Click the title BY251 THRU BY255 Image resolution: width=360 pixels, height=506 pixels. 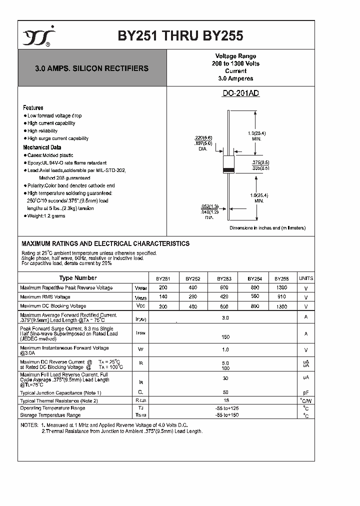[x=180, y=35]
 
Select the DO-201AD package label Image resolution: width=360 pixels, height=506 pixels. [x=240, y=93]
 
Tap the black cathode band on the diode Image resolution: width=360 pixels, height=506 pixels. [x=228, y=170]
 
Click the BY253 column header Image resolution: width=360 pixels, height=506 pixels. [x=224, y=279]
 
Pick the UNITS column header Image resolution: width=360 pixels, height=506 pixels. [x=305, y=278]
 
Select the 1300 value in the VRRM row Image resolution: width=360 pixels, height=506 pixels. [x=281, y=288]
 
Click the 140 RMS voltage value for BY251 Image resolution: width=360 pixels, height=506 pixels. [x=163, y=297]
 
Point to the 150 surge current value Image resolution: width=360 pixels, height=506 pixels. [x=225, y=337]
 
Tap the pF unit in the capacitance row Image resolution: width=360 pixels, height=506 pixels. [x=305, y=393]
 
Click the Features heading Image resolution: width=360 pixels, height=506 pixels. [x=33, y=108]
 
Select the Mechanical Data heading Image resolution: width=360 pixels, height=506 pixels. [x=42, y=147]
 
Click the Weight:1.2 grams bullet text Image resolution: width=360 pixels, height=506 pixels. [x=46, y=216]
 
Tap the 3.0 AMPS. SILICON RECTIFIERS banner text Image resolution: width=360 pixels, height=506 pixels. [x=91, y=68]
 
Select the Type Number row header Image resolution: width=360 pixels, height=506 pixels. [x=78, y=278]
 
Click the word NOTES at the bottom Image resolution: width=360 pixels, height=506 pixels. [x=28, y=424]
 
